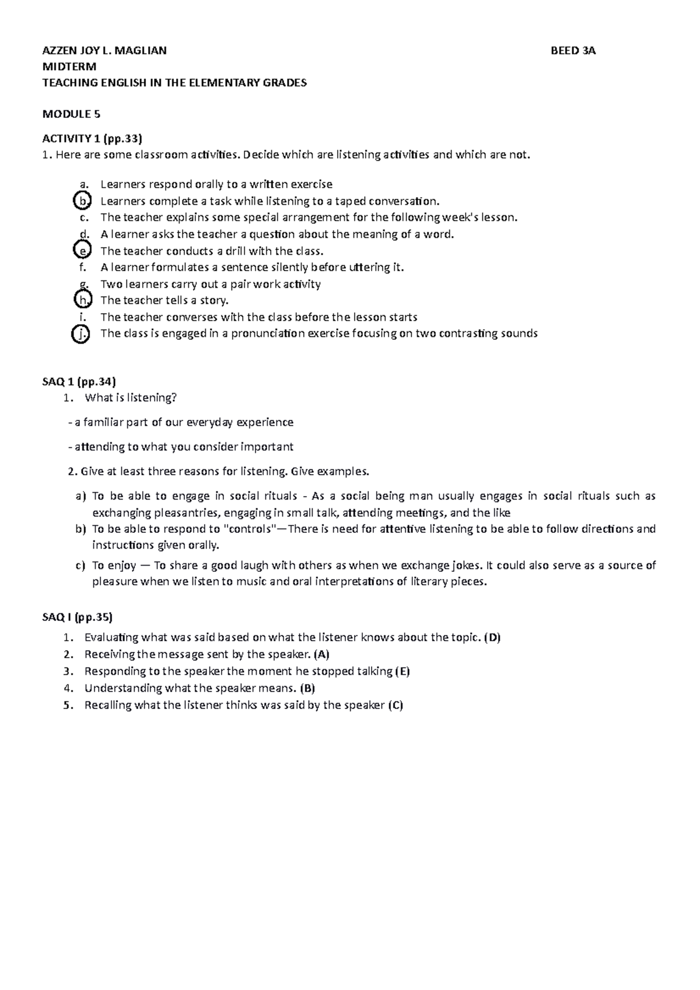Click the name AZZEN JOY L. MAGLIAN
coord(104,51)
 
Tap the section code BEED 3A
coord(573,51)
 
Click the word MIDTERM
coord(69,66)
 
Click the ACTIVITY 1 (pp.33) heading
coord(92,139)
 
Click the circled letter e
coord(83,251)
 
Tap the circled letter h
coord(83,301)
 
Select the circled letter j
coord(81,334)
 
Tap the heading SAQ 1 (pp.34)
coord(79,381)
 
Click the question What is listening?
coord(130,398)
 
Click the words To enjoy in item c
coord(114,565)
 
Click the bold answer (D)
coord(492,637)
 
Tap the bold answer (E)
coord(402,671)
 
